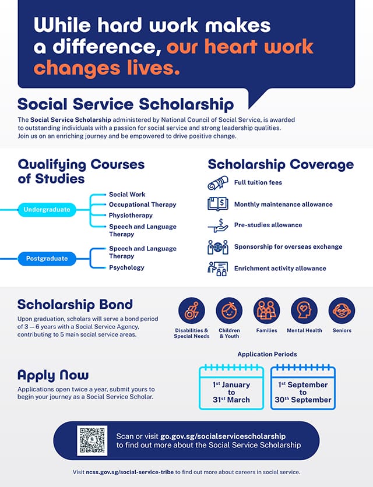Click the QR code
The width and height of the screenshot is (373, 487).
pos(92,440)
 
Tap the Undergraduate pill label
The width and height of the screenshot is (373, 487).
pos(47,210)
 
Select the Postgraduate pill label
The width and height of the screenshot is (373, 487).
pos(47,259)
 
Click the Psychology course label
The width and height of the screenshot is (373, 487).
pos(126,267)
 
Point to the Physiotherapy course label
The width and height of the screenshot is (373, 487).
pos(131,215)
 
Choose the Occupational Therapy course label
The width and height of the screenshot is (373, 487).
pos(142,204)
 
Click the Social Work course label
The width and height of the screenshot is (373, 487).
pos(127,195)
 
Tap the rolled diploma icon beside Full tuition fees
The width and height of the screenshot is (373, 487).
pos(218,183)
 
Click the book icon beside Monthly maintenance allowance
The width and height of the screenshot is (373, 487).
pos(218,204)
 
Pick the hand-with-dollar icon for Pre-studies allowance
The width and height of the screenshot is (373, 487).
pos(218,225)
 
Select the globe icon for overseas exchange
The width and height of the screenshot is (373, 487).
pos(218,247)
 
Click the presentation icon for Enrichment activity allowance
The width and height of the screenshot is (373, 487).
pos(218,269)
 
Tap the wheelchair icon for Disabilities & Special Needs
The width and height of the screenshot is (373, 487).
pos(192,310)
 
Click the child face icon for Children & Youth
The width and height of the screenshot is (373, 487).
pos(230,310)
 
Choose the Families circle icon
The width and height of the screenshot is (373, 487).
pos(267,310)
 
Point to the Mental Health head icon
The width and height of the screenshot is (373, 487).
pos(304,310)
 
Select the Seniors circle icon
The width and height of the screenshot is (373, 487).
pos(342,310)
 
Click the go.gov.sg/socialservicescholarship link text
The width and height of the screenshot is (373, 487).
pos(223,436)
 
